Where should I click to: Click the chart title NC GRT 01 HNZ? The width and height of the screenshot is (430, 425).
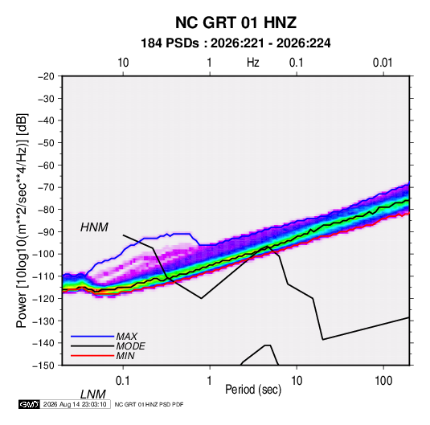coord(235,22)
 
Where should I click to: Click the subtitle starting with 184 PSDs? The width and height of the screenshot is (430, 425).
coord(235,43)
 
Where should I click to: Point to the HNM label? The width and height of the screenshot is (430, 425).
coord(94,227)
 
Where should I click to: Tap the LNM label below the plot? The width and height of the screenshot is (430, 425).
coord(92,394)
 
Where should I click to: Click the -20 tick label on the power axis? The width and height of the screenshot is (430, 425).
coord(46,76)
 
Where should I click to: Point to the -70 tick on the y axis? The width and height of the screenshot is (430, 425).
coord(46,187)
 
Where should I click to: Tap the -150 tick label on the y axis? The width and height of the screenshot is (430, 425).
coord(43,366)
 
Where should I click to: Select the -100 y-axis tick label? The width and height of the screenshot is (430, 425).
coord(43,254)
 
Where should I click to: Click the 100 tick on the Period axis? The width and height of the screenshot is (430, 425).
coord(383,381)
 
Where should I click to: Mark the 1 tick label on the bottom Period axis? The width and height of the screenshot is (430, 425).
coord(209,381)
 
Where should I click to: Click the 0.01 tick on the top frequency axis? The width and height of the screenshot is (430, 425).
coord(383,63)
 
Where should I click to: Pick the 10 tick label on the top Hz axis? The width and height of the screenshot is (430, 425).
coord(123,63)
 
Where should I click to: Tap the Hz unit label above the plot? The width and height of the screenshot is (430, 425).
coord(253,63)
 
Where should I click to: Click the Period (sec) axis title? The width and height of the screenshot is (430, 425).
coord(253,390)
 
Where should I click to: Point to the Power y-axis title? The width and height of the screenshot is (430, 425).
coord(22,221)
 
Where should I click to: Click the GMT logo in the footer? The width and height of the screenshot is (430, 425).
coord(29,404)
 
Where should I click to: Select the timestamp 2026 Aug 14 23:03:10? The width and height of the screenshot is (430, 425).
coord(75,404)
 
